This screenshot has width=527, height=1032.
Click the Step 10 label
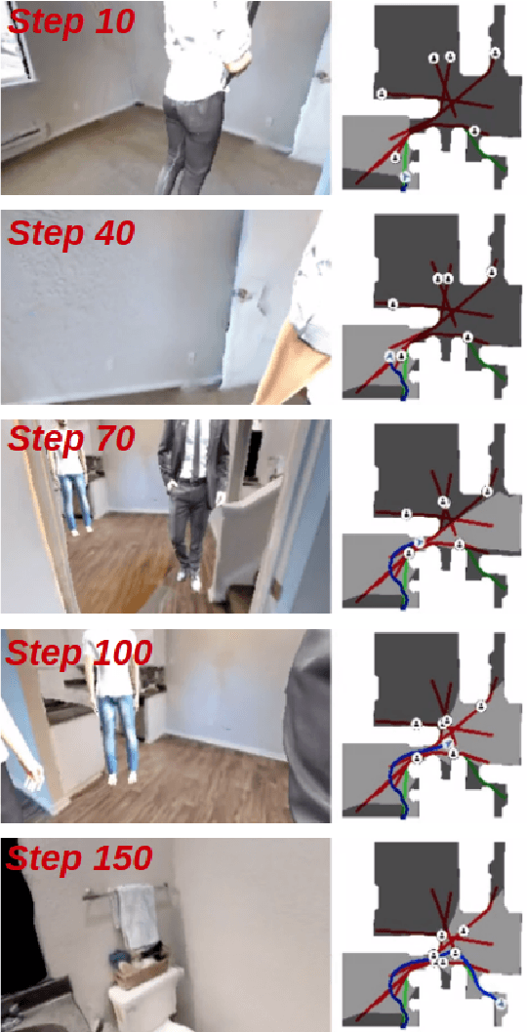(70, 22)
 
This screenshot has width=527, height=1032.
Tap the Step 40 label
(70, 233)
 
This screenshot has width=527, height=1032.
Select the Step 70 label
(70, 440)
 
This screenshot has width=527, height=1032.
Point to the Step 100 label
(78, 652)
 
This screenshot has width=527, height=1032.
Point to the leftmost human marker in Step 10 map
(381, 94)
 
